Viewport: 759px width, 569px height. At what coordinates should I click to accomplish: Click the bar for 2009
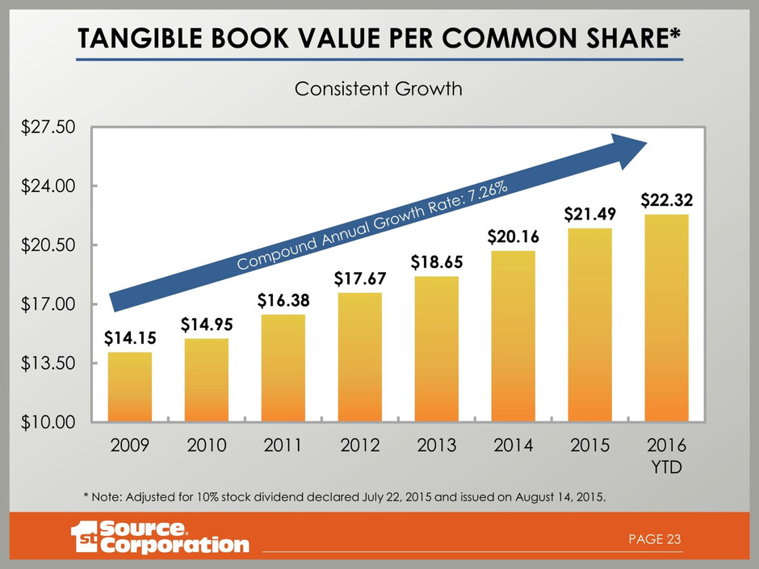pyautogui.click(x=129, y=387)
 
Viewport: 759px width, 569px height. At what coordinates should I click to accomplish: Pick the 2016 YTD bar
pyautogui.click(x=666, y=318)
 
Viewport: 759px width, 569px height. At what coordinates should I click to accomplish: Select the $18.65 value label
pyautogui.click(x=436, y=262)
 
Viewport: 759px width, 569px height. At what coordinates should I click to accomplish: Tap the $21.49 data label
pyautogui.click(x=589, y=214)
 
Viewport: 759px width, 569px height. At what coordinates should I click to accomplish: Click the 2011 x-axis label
pyautogui.click(x=283, y=445)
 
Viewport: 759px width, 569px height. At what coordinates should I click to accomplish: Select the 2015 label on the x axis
pyautogui.click(x=589, y=445)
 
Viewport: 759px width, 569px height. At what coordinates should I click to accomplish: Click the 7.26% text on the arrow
pyautogui.click(x=484, y=196)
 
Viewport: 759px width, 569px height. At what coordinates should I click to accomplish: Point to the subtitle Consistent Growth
pyautogui.click(x=379, y=89)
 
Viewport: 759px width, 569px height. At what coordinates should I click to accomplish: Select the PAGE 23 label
pyautogui.click(x=655, y=538)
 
